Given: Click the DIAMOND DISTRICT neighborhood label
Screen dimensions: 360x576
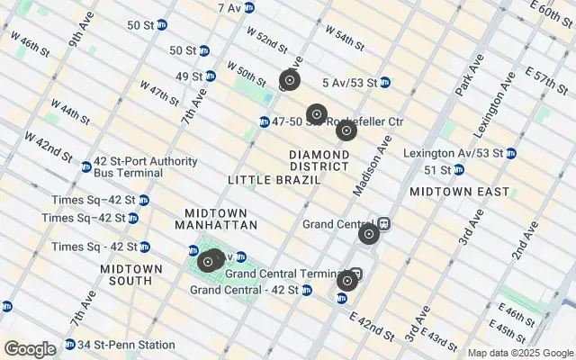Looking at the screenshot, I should point(319,160).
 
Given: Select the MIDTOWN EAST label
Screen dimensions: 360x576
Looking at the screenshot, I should point(459,192).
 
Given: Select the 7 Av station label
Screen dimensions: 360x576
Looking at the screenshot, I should point(229,7).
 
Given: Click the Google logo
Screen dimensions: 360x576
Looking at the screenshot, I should point(30,349).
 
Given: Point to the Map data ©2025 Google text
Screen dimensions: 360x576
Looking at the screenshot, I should point(520,353).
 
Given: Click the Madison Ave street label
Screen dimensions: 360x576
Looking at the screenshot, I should point(373,161).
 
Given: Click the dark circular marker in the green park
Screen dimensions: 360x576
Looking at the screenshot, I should point(208,262).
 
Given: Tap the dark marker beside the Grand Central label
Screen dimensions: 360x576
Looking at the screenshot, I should point(368,235).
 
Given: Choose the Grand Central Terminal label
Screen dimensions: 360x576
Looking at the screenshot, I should point(285,274).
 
